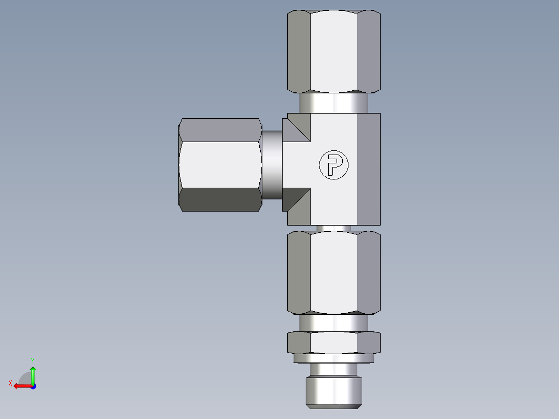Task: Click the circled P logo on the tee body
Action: tap(333, 165)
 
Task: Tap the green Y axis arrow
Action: tap(33, 373)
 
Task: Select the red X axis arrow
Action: tap(21, 386)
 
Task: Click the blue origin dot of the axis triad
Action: tap(33, 386)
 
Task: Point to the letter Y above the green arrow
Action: tap(32, 360)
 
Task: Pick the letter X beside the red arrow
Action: tap(10, 383)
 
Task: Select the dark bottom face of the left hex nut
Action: tap(220, 200)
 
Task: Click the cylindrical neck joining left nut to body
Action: tap(272, 164)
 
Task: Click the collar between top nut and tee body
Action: tap(333, 103)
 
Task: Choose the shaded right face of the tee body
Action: tap(368, 169)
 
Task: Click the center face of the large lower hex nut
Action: tap(333, 272)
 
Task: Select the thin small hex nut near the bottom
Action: tap(333, 343)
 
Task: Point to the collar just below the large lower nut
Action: tap(333, 324)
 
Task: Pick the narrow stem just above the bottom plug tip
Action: tap(333, 369)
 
